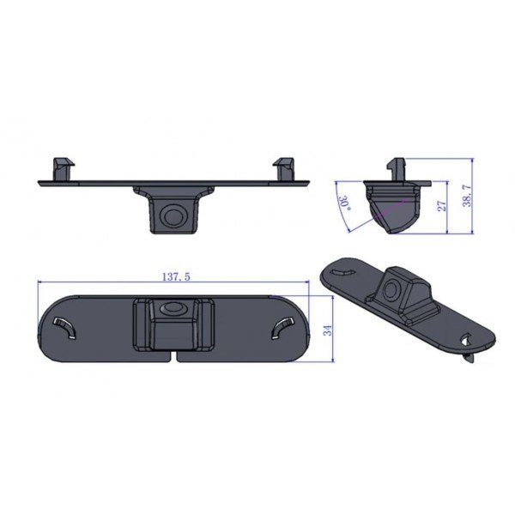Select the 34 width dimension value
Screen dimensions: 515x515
327,330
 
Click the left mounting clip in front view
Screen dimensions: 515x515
64,167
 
